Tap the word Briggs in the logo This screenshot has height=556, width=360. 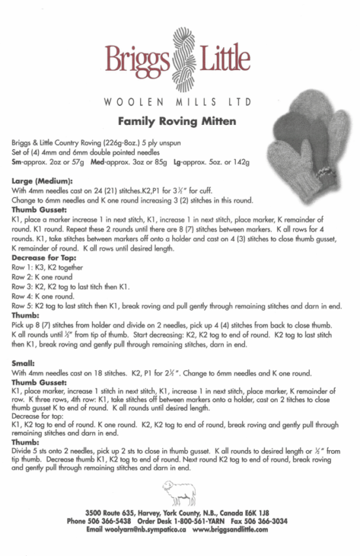point(136,58)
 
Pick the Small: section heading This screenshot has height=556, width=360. point(23,363)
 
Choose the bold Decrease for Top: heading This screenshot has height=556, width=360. point(45,258)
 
